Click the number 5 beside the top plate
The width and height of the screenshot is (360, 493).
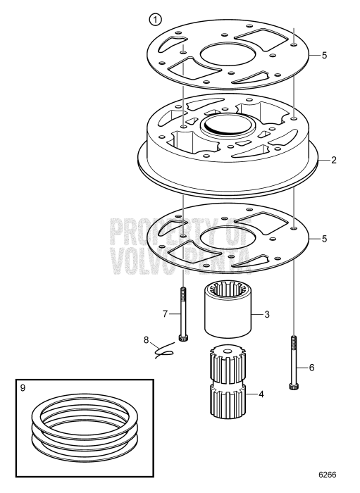[324, 55]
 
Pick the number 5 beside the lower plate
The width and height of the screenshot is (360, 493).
[324, 239]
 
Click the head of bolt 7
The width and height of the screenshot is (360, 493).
[183, 337]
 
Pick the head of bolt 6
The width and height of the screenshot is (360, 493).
[292, 385]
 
